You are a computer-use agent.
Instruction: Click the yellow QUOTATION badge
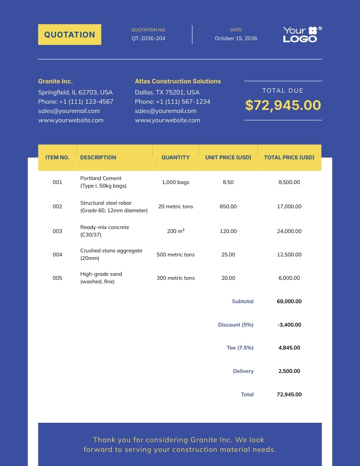tap(70, 34)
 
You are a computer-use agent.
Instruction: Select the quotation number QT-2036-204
tap(148, 38)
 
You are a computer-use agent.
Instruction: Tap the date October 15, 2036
tap(236, 38)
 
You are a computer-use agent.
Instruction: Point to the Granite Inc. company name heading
tap(55, 81)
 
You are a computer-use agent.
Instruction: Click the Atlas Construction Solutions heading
tap(178, 81)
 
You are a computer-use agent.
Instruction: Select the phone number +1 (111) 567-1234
tap(172, 101)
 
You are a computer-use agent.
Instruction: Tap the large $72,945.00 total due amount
tap(283, 105)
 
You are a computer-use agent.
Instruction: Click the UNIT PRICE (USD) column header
tap(228, 157)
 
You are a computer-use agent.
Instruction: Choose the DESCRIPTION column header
tap(98, 157)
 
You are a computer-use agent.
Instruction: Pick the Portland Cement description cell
tap(103, 182)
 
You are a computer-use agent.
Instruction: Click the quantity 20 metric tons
tap(176, 207)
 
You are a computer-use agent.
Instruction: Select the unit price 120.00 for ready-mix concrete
tap(228, 231)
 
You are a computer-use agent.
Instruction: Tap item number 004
tap(57, 255)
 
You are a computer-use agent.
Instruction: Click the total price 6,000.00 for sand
tap(289, 278)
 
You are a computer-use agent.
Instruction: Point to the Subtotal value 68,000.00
tap(289, 301)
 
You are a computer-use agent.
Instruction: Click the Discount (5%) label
tap(236, 325)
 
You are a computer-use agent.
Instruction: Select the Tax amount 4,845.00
tap(289, 348)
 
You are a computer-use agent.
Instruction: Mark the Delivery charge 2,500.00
tap(289, 371)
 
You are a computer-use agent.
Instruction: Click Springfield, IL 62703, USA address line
tap(75, 92)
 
